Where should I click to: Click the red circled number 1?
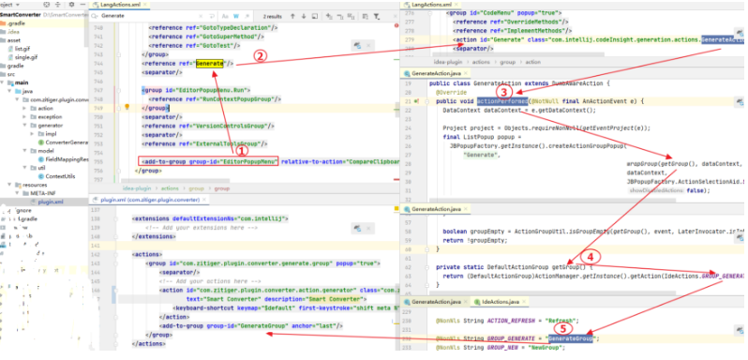click(241, 150)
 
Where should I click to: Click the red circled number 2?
click(262, 54)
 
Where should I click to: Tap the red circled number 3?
click(504, 91)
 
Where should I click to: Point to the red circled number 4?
click(591, 256)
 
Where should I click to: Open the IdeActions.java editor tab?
click(501, 302)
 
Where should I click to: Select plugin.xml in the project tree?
click(51, 201)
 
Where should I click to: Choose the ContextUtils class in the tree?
click(59, 175)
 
